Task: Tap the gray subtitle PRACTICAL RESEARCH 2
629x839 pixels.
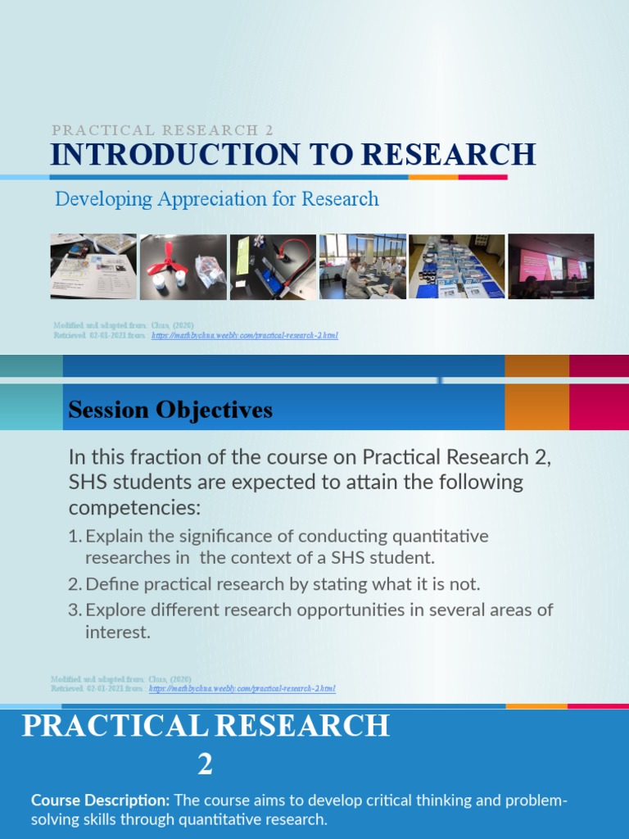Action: point(162,130)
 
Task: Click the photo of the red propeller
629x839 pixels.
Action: point(183,266)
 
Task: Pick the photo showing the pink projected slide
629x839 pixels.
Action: point(551,266)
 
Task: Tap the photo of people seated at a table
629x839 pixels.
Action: point(362,266)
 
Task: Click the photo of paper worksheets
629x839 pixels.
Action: point(93,266)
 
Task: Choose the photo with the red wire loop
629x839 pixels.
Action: point(273,266)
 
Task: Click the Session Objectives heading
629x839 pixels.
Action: point(170,410)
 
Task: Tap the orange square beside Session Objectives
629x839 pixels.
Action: point(536,406)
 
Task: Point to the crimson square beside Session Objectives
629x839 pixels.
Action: point(599,406)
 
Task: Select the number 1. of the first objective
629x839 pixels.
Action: point(75,537)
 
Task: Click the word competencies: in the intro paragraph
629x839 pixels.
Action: point(133,508)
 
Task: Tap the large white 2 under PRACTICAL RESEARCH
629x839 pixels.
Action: point(205,764)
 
